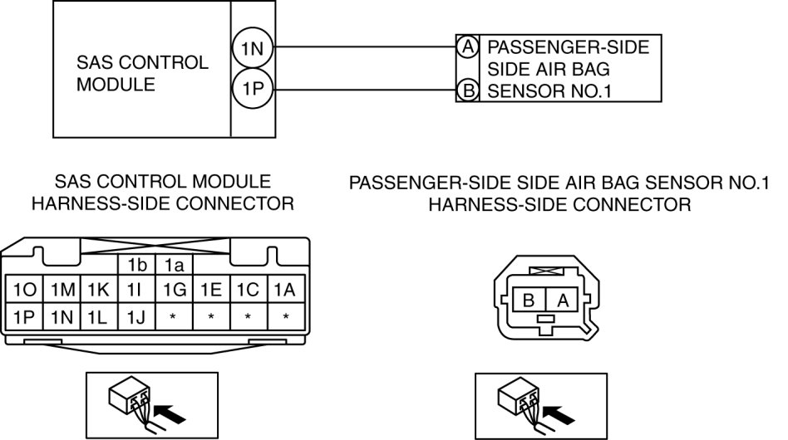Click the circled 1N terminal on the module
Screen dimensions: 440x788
(252, 49)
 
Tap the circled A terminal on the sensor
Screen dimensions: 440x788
(467, 47)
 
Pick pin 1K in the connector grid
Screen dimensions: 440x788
(98, 291)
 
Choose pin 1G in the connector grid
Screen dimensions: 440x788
(175, 291)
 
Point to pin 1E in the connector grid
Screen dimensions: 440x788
(212, 291)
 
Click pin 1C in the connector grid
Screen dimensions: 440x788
(249, 291)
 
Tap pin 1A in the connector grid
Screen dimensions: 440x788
(285, 291)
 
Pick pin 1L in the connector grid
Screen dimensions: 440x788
(98, 315)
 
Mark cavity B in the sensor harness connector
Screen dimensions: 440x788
(528, 301)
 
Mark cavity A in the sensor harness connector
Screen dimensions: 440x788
(562, 301)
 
